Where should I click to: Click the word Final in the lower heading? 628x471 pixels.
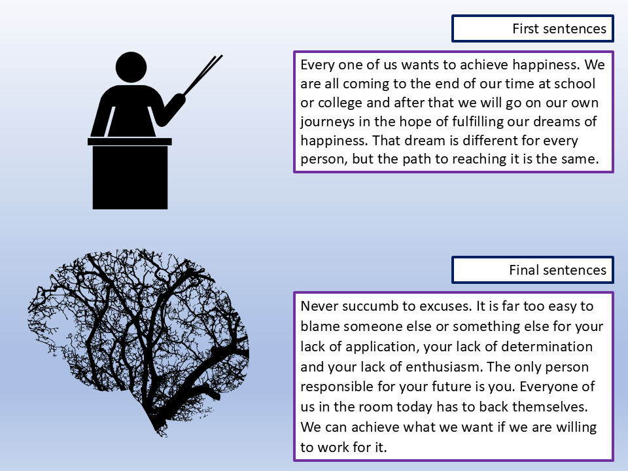point(522,270)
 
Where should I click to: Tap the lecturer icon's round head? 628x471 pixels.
point(131,67)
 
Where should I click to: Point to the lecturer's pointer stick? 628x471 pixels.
point(202,75)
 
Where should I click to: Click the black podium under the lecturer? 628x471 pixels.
point(130,173)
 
